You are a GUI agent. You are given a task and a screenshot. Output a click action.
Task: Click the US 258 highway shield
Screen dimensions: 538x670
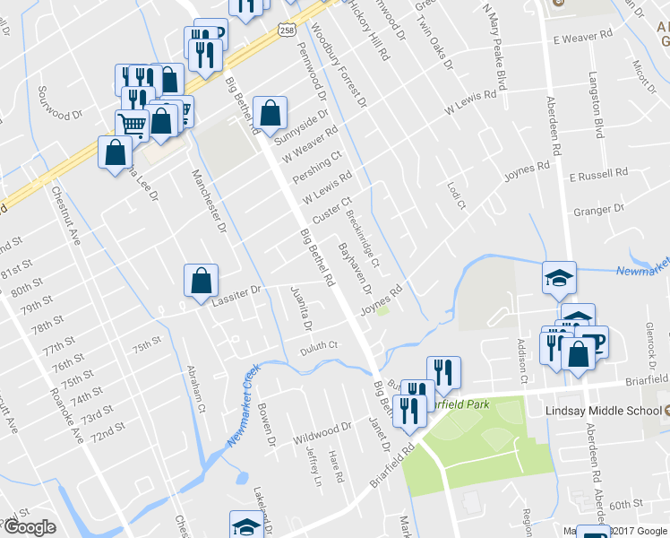coord(285,30)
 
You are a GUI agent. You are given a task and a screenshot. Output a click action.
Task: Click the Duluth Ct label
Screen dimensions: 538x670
coord(319,345)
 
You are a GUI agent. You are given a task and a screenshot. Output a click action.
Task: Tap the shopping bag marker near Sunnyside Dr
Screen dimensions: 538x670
coord(270,113)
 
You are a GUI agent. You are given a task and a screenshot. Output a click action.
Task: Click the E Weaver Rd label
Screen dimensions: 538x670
coord(582,39)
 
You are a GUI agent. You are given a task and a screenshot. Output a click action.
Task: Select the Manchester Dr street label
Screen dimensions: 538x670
coord(206,197)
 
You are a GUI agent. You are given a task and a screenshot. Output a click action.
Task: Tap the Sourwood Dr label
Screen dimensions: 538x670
coord(59,101)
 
